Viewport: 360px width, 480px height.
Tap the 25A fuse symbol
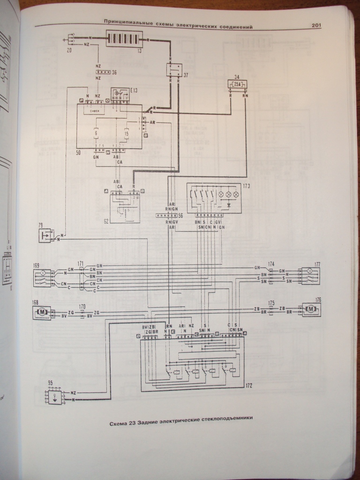(237, 84)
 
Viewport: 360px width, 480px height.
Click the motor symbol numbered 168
(41, 312)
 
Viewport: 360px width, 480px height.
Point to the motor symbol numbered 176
(310, 309)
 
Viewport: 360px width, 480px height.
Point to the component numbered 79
(46, 236)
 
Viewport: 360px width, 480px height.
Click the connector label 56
(180, 215)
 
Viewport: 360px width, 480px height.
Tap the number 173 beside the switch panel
(247, 187)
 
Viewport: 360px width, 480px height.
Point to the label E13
(134, 90)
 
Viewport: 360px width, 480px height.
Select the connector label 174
(271, 265)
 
